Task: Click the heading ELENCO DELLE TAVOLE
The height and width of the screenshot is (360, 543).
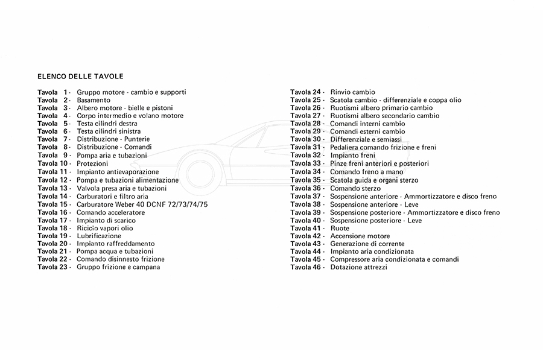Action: click(x=80, y=77)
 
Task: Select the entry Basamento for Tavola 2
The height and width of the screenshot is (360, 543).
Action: click(x=94, y=100)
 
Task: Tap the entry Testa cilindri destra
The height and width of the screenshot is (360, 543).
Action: click(x=107, y=124)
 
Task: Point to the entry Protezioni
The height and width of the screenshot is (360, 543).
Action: click(x=92, y=163)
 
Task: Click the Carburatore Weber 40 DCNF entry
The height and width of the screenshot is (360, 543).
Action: click(x=142, y=204)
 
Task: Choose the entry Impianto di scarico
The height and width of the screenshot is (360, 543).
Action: click(x=106, y=221)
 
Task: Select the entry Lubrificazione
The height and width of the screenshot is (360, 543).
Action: click(x=99, y=236)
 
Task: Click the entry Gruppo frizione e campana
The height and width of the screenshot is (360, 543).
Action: click(x=118, y=267)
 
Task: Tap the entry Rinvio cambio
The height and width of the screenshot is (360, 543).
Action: click(x=352, y=92)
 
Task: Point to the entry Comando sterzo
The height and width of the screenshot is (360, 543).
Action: click(x=355, y=189)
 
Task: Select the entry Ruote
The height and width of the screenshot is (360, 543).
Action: click(x=340, y=229)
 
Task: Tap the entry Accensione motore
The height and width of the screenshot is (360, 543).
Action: click(x=360, y=236)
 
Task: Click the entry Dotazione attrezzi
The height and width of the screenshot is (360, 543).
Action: click(x=358, y=267)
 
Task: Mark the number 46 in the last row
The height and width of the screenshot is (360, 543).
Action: click(x=317, y=267)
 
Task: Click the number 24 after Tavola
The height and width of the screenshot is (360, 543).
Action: click(x=317, y=92)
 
